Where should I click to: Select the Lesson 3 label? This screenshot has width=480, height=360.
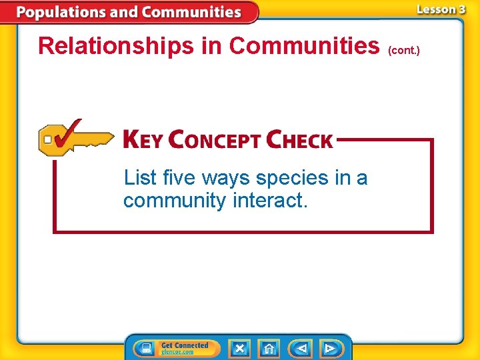pos(441,9)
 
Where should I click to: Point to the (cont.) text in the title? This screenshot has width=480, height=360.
pos(403,50)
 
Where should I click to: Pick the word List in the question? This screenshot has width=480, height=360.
pos(140,178)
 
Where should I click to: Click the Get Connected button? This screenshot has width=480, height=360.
pos(176,348)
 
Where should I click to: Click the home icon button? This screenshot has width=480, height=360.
pos(269,349)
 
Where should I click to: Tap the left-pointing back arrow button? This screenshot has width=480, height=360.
pos(301,349)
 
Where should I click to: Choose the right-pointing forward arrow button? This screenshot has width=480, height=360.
pos(329,349)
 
